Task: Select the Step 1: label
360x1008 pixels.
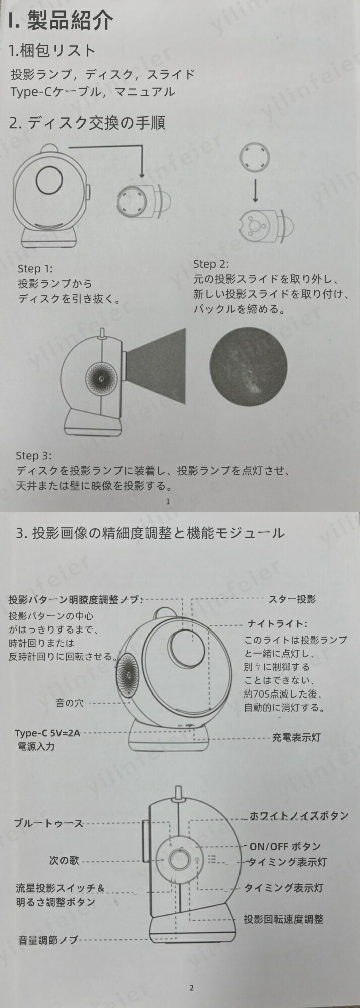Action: (35, 269)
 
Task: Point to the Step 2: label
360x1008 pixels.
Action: (211, 264)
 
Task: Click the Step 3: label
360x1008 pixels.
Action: (33, 456)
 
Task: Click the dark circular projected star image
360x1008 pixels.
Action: (248, 366)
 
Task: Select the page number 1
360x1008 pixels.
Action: (168, 501)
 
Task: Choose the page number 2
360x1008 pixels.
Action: (191, 988)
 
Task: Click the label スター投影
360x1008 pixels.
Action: (292, 599)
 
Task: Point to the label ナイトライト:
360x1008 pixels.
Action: (277, 624)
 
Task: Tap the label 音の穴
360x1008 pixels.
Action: (70, 703)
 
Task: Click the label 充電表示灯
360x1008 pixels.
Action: (296, 737)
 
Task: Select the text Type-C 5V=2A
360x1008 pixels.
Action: (47, 733)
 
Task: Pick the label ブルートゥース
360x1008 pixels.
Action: (48, 823)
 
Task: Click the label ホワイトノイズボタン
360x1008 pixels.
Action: (299, 815)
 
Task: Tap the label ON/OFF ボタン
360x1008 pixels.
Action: (285, 847)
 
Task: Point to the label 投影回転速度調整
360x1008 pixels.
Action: (283, 919)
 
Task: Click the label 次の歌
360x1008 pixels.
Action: (64, 860)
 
